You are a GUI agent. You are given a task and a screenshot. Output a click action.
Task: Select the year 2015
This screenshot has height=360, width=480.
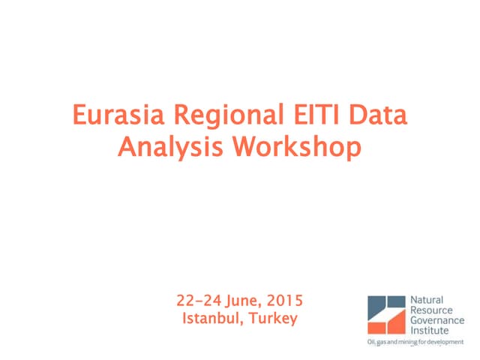(x=285, y=301)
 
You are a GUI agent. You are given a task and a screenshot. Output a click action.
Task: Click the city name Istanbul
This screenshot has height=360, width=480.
(x=209, y=319)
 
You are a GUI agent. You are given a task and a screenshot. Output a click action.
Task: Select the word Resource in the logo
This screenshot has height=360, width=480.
(x=429, y=309)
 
